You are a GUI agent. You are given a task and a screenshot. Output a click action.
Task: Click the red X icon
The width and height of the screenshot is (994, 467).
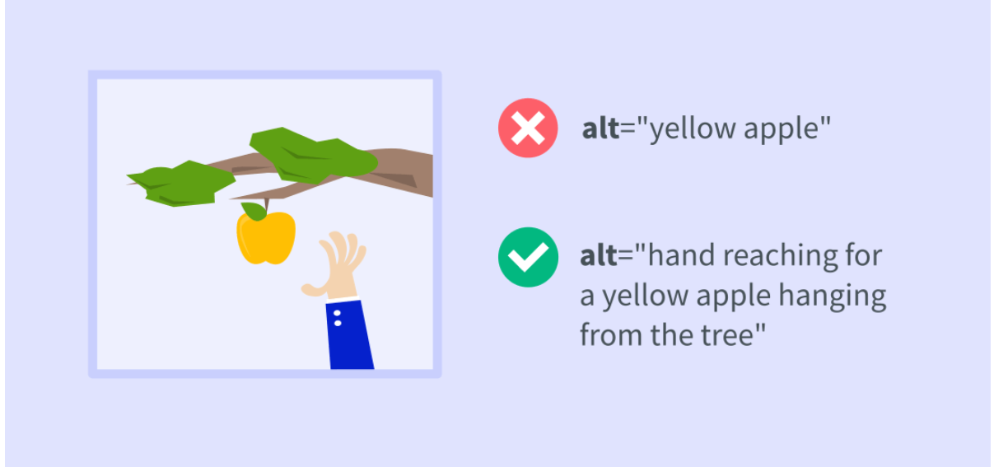[528, 128]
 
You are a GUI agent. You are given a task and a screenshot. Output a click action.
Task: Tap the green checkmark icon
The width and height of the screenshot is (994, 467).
[528, 257]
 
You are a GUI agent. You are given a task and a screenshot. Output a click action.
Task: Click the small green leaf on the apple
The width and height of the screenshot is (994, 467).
[254, 212]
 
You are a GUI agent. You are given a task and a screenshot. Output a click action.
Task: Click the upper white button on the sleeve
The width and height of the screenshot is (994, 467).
[338, 313]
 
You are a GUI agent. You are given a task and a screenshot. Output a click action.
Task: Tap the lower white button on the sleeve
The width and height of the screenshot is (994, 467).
[338, 324]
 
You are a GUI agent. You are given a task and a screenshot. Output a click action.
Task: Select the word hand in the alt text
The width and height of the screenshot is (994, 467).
[687, 256]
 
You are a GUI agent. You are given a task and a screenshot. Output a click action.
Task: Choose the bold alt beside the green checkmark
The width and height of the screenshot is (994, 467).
[599, 256]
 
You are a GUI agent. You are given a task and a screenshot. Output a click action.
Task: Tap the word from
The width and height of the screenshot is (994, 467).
[609, 334]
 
